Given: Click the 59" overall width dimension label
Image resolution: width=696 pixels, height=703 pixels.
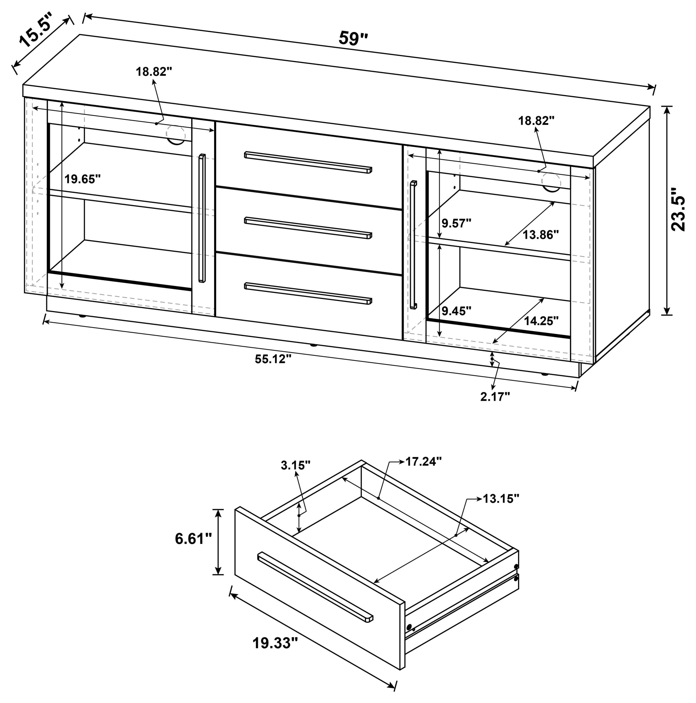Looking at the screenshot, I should [x=353, y=38].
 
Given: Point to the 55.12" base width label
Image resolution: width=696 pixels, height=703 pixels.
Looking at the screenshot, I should [x=273, y=359].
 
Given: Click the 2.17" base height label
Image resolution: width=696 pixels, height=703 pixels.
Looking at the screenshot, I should [x=495, y=396].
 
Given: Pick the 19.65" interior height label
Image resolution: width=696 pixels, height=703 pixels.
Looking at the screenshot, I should [x=82, y=179].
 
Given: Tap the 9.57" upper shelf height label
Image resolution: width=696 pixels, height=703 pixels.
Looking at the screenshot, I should [x=456, y=223].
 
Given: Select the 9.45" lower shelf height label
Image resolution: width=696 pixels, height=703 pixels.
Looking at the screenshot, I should [x=456, y=311].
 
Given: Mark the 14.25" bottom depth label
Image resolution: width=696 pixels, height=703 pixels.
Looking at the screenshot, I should [x=541, y=321].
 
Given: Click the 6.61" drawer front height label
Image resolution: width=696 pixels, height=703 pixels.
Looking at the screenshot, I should [x=193, y=539].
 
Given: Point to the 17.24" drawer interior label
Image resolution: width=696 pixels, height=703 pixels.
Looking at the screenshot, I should [x=424, y=461].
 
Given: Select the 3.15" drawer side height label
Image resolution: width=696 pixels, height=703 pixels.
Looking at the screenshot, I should [x=296, y=465].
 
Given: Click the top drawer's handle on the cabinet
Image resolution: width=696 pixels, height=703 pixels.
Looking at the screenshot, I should [x=308, y=162].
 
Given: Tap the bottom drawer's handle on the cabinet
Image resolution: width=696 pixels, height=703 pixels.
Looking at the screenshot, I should [x=308, y=293].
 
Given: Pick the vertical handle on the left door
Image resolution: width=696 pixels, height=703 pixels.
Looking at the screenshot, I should [x=202, y=218].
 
